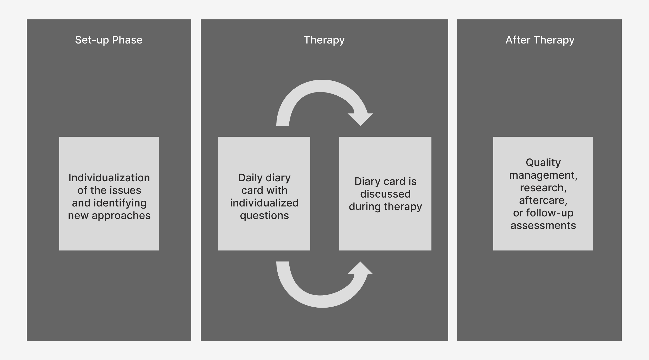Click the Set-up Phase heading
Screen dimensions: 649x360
109,40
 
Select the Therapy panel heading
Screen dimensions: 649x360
324,40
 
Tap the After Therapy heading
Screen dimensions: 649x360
540,40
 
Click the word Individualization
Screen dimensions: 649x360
109,178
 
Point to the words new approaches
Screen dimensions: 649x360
109,216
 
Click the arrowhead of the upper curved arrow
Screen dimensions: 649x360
360,119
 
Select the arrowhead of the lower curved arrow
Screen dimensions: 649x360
360,268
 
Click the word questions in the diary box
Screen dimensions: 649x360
264,216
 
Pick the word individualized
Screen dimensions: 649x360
264,203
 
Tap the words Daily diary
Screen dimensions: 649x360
264,178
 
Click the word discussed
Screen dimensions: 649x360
385,194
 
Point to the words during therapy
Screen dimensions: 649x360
385,207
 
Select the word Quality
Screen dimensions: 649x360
543,163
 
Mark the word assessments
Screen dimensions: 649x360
543,226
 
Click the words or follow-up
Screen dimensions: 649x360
543,213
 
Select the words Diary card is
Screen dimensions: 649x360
385,182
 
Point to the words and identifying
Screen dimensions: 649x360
109,203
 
